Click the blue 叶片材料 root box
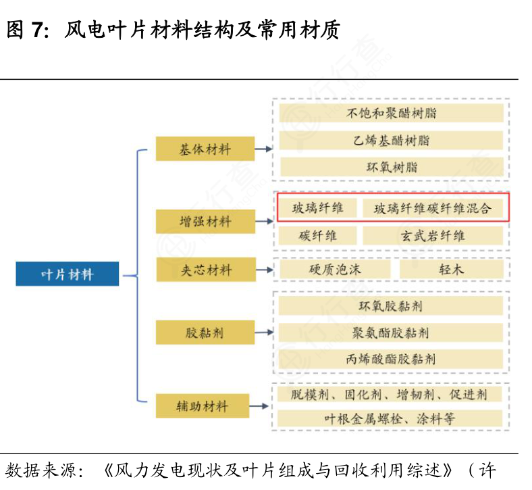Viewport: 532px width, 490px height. pyautogui.click(x=68, y=274)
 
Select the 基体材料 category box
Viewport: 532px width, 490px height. pyautogui.click(x=205, y=149)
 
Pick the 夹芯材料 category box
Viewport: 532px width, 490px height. pyautogui.click(x=205, y=270)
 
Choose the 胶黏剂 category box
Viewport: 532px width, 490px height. pyautogui.click(x=205, y=333)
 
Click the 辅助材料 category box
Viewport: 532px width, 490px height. pyautogui.click(x=205, y=406)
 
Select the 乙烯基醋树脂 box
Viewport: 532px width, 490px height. pyautogui.click(x=391, y=141)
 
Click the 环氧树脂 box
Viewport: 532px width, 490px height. pyautogui.click(x=391, y=167)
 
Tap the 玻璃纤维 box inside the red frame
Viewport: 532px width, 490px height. pyautogui.click(x=317, y=208)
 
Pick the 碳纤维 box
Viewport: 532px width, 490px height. pyautogui.click(x=317, y=236)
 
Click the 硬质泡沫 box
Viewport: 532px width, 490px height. pyautogui.click(x=335, y=269)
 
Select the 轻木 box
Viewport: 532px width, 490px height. pyautogui.click(x=451, y=269)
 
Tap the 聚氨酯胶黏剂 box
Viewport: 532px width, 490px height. pyautogui.click(x=391, y=333)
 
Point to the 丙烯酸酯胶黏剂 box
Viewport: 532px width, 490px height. pyautogui.click(x=391, y=359)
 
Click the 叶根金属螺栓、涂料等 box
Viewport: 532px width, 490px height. pyautogui.click(x=391, y=418)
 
